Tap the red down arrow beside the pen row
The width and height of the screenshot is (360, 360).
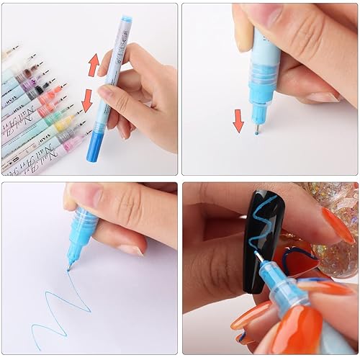(88, 100)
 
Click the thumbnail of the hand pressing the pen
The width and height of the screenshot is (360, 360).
(269, 89)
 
